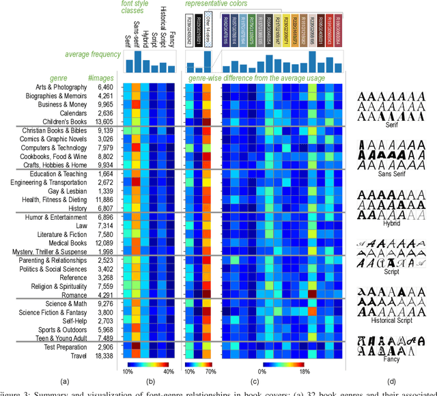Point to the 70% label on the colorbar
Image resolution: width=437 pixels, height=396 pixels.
pyautogui.click(x=212, y=372)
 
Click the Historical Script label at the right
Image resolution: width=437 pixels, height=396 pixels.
pyautogui.click(x=393, y=321)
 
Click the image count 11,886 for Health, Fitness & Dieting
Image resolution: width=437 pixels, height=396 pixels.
pyautogui.click(x=104, y=199)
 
